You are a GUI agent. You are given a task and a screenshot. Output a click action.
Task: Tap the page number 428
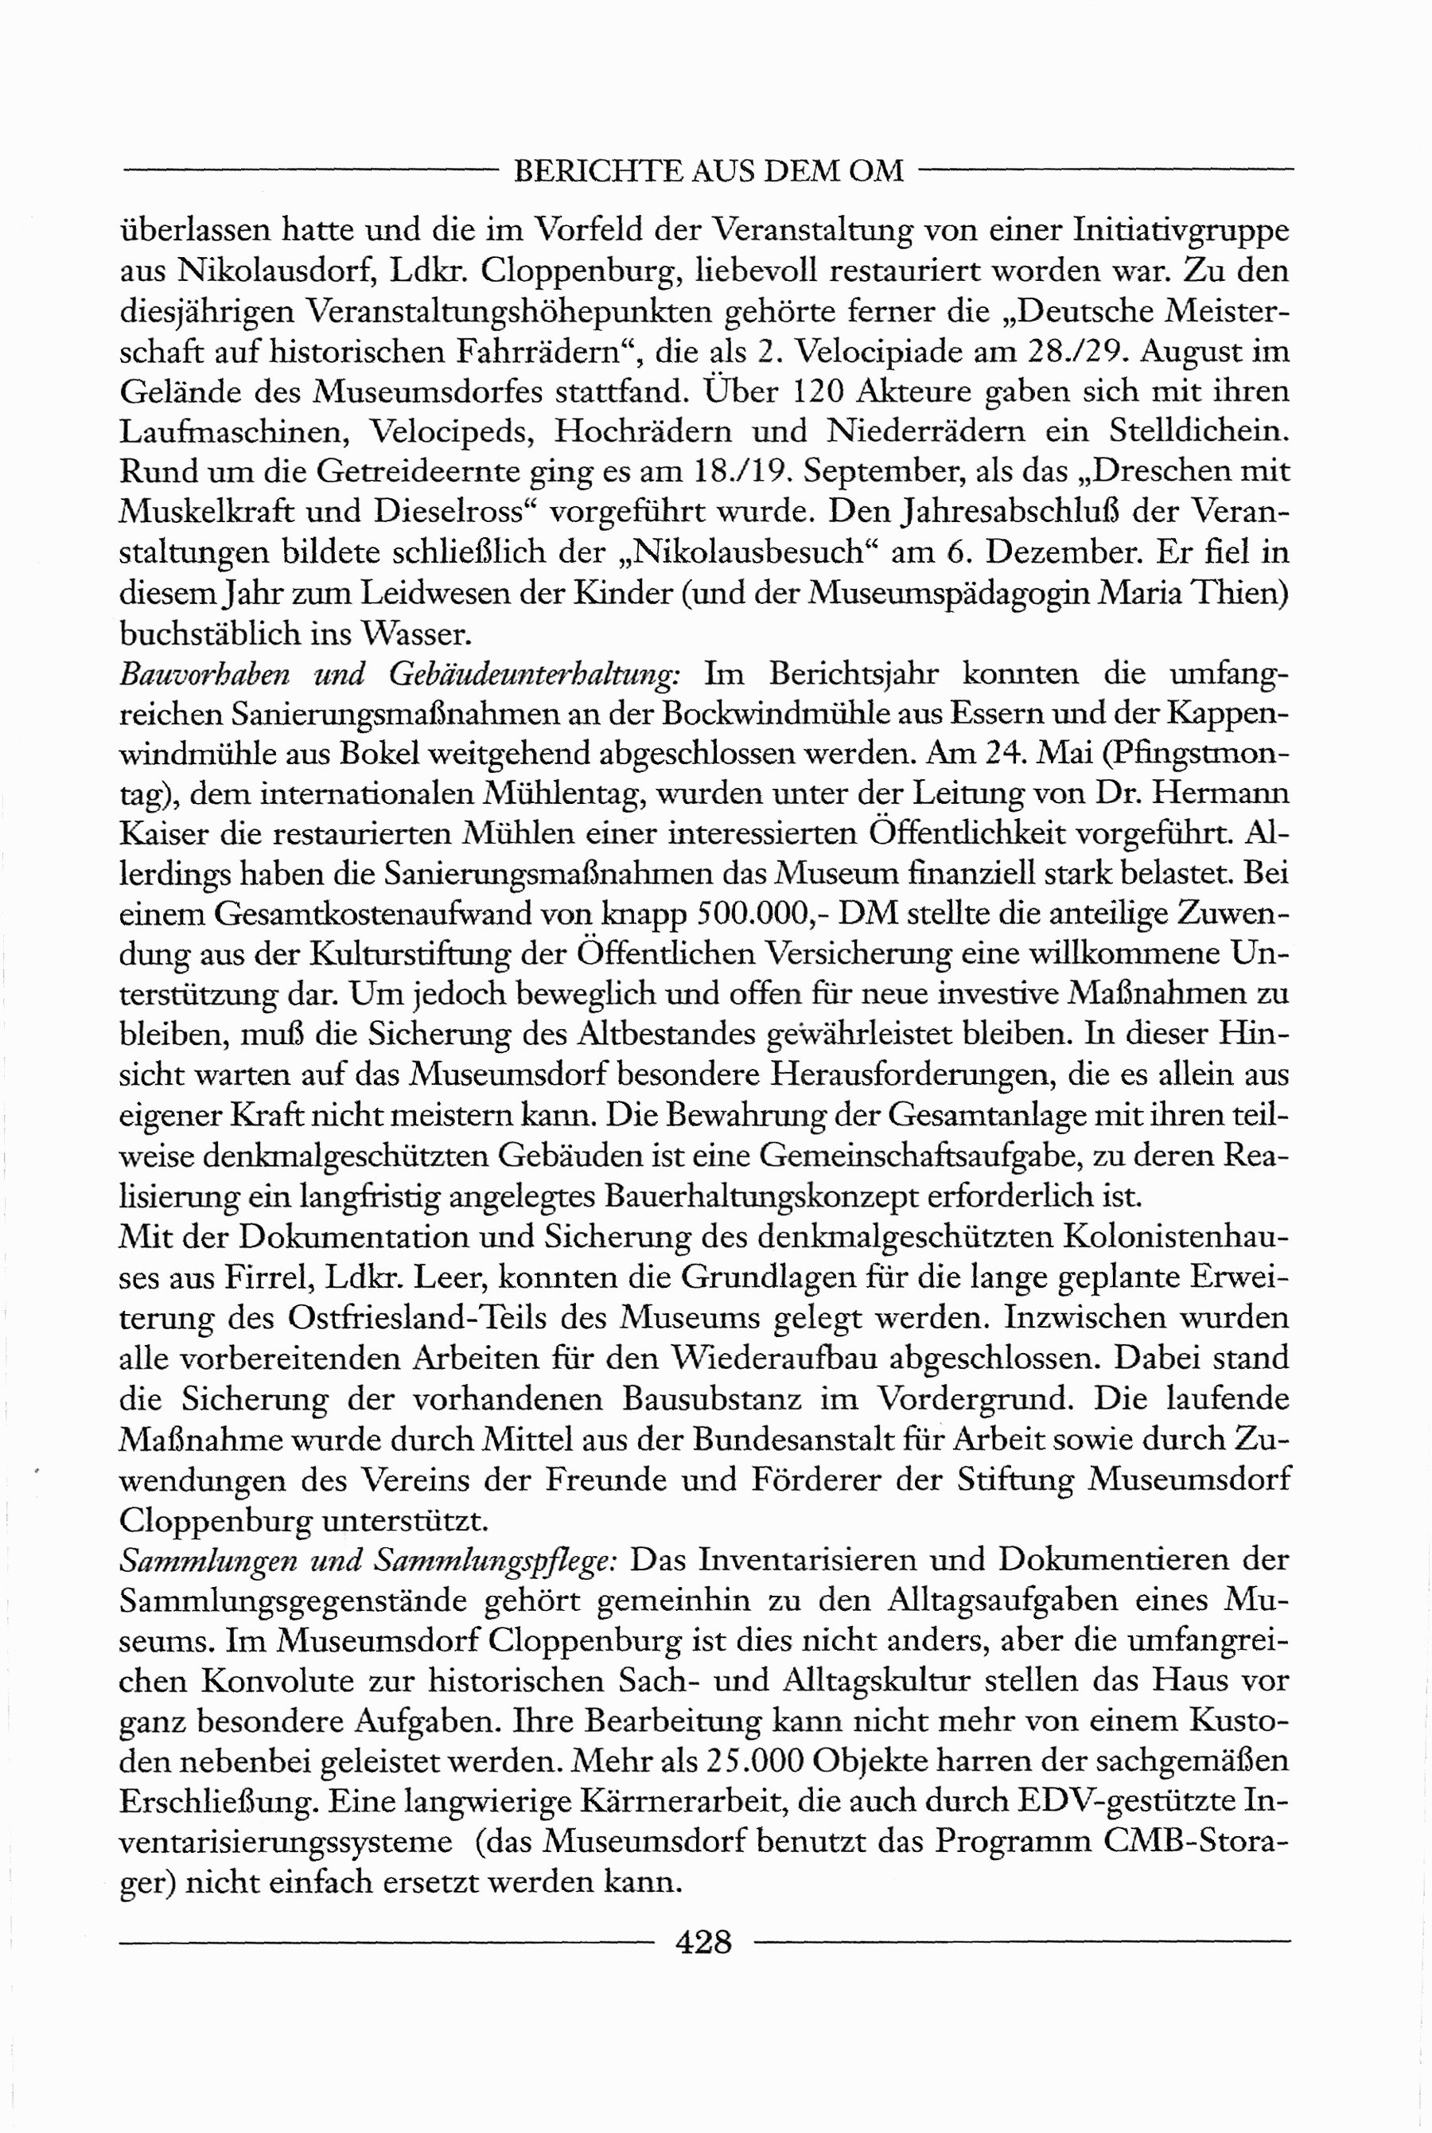tap(703, 1940)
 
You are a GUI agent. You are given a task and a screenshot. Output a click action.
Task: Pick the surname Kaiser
tap(163, 834)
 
